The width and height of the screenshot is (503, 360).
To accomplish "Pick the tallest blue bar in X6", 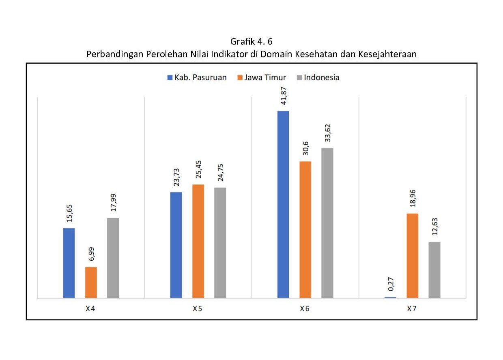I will click(x=283, y=204).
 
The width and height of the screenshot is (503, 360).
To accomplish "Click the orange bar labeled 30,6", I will click(x=305, y=229).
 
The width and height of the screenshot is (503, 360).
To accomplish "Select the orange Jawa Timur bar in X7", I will click(x=412, y=255).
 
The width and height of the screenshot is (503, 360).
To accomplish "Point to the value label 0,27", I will click(x=391, y=283).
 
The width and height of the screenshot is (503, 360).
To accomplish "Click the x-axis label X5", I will click(x=198, y=309).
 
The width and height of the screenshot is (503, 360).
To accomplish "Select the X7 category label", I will click(x=412, y=309).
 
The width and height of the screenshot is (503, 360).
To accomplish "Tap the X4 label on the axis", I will click(x=90, y=309).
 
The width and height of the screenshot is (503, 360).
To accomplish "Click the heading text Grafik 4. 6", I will click(x=251, y=41).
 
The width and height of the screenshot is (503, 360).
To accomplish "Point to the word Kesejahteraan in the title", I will click(x=387, y=54).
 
